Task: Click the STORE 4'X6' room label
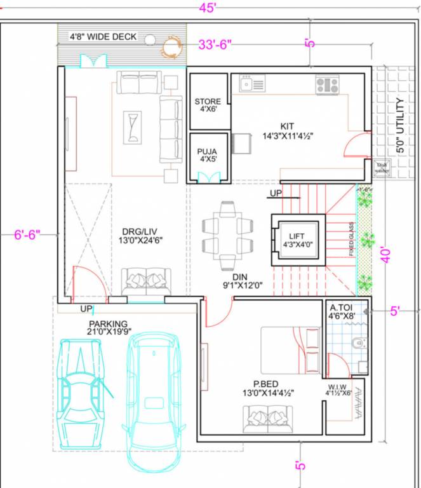point(208,105)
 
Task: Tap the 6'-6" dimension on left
point(27,234)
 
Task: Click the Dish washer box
point(382,168)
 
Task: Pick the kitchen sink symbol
point(252,83)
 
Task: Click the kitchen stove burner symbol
point(328,85)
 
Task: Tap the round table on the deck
point(171,46)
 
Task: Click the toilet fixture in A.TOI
point(359,343)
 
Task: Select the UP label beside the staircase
point(276,193)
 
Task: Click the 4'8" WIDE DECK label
point(103,37)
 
